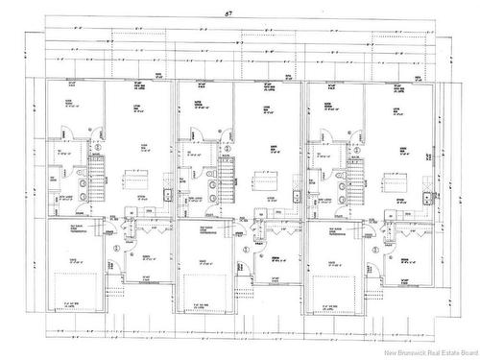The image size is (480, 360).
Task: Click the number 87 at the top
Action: [x=228, y=13]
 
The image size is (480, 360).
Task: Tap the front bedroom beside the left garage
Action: [x=149, y=254]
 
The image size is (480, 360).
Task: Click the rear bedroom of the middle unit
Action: [x=200, y=110]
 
